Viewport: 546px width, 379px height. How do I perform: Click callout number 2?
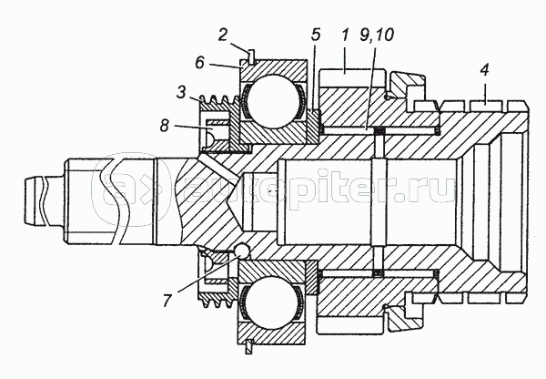223,35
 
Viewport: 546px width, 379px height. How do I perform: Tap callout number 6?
200,63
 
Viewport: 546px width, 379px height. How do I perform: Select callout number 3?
181,92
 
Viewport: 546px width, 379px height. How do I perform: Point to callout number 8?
165,126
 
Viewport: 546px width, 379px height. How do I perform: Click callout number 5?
316,35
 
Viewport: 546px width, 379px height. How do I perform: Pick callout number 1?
345,35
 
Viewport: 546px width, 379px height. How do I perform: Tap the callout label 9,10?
377,35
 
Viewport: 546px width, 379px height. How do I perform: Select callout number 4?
484,70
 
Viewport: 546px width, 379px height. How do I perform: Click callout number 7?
167,300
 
